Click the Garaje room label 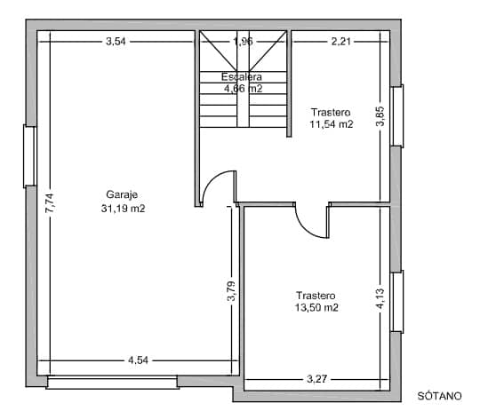point(123,194)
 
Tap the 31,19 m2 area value point(123,209)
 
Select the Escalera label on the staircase point(242,77)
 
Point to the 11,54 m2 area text point(331,124)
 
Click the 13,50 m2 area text point(316,308)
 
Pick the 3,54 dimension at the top point(116,41)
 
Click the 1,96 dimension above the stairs point(243,41)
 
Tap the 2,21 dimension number point(341,41)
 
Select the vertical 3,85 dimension point(380,117)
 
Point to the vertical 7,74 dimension point(50,203)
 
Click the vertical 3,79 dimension point(231,291)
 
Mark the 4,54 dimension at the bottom point(138,360)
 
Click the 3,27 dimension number point(316,379)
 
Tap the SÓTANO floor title point(440,394)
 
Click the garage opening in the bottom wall point(112,383)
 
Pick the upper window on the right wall point(397,116)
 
